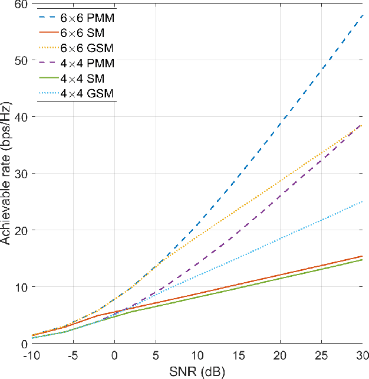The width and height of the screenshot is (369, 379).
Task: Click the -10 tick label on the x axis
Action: [x=31, y=356]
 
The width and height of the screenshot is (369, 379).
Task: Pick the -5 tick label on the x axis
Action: [x=73, y=356]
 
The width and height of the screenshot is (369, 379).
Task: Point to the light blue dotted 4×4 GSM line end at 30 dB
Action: [x=361, y=201]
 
